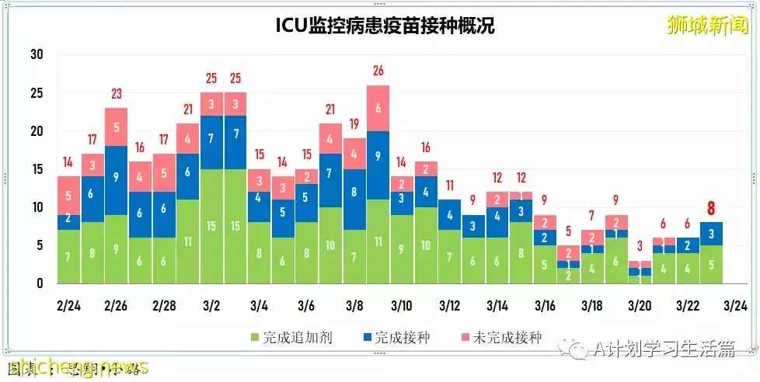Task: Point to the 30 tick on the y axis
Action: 36,55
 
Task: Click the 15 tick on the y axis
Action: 36,169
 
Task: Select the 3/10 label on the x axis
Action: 403,306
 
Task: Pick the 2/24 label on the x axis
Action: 69,306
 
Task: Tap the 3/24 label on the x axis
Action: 735,306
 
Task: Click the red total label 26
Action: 378,71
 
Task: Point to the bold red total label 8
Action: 710,208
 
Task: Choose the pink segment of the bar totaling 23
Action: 117,127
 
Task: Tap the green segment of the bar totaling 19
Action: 354,256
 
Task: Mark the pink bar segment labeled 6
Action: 378,108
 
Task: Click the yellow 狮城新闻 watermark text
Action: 707,24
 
